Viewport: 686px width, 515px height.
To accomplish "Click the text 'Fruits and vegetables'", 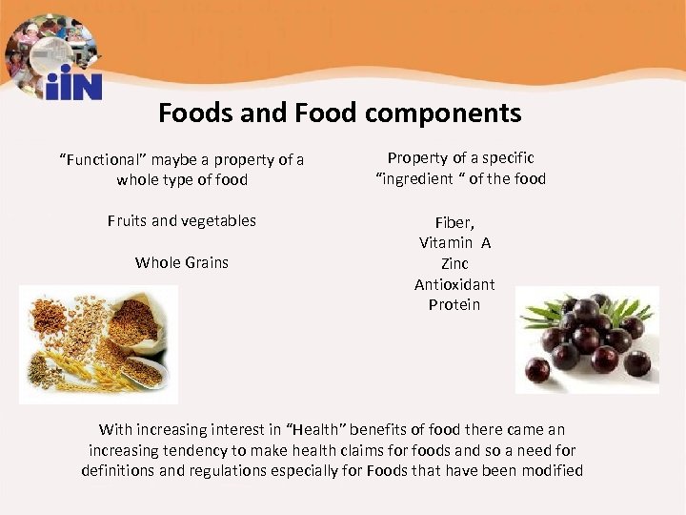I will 182,220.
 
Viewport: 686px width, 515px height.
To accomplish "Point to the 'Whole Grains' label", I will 182,262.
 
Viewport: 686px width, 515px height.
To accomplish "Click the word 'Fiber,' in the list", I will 454,221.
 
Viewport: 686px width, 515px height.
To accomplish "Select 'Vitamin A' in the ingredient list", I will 454,242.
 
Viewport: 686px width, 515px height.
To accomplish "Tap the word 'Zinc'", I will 454,263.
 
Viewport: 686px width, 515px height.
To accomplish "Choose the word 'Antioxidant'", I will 454,284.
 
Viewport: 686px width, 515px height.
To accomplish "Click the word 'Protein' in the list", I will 454,305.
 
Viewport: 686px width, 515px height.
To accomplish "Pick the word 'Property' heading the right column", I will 416,158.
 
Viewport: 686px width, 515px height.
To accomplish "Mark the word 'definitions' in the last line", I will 119,471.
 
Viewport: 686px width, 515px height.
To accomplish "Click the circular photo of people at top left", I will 48,46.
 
